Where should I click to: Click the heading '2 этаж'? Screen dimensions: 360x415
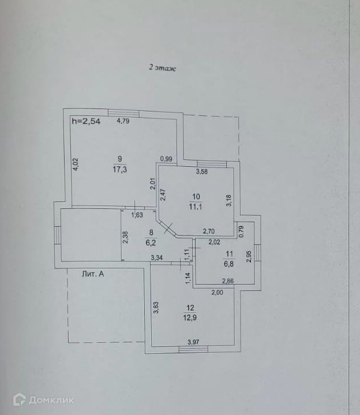point(162,68)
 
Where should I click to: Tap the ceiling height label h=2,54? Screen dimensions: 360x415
point(86,121)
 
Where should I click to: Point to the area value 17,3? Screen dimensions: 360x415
point(120,170)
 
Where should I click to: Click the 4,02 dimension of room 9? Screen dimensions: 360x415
point(75,164)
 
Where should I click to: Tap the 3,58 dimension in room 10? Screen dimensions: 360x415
point(202,171)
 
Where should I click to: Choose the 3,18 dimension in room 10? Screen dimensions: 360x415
point(229,200)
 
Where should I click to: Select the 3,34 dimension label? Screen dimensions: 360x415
point(156,257)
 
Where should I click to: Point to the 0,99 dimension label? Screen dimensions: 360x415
point(167,159)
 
